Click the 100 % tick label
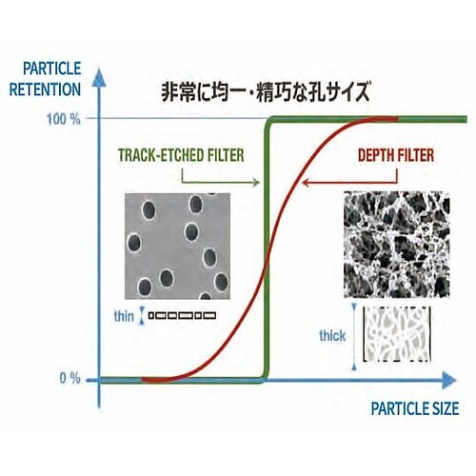[x=64, y=120]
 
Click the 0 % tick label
[x=70, y=378]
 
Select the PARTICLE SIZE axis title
[x=415, y=408]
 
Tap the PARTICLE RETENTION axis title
[x=46, y=79]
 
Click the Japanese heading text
[x=266, y=91]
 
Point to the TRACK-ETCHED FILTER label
[x=181, y=155]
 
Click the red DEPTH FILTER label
[x=396, y=155]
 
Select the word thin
[x=124, y=316]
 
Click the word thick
[x=332, y=336]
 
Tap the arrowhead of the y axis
[x=99, y=77]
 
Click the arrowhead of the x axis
[x=448, y=380]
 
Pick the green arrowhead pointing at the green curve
[x=255, y=182]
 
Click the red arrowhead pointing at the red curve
[x=306, y=183]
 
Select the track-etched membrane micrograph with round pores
[x=177, y=246]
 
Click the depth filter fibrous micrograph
[x=397, y=245]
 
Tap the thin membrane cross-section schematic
[x=182, y=315]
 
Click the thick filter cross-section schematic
[x=397, y=334]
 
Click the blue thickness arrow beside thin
[x=142, y=316]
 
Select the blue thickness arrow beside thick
[x=354, y=337]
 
